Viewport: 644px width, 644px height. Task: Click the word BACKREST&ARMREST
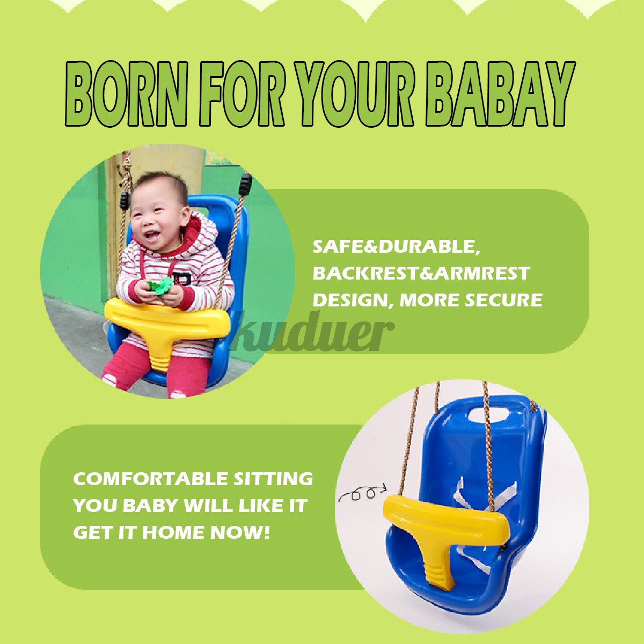point(421,273)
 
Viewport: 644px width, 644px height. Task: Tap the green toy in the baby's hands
point(160,287)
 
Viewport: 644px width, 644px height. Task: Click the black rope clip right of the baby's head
point(245,184)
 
